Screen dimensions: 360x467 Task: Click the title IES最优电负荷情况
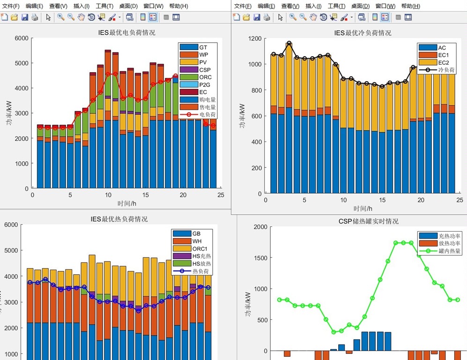pos(123,33)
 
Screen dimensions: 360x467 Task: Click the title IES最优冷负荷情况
pos(363,33)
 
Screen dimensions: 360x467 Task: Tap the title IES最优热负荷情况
pos(119,219)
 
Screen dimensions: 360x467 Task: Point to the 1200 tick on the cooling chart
pos(256,38)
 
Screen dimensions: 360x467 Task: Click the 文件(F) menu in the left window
pos(10,6)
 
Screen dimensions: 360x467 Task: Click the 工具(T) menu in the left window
pos(104,6)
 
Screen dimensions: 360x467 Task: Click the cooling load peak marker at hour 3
pos(289,44)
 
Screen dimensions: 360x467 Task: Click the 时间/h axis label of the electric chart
pos(126,203)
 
